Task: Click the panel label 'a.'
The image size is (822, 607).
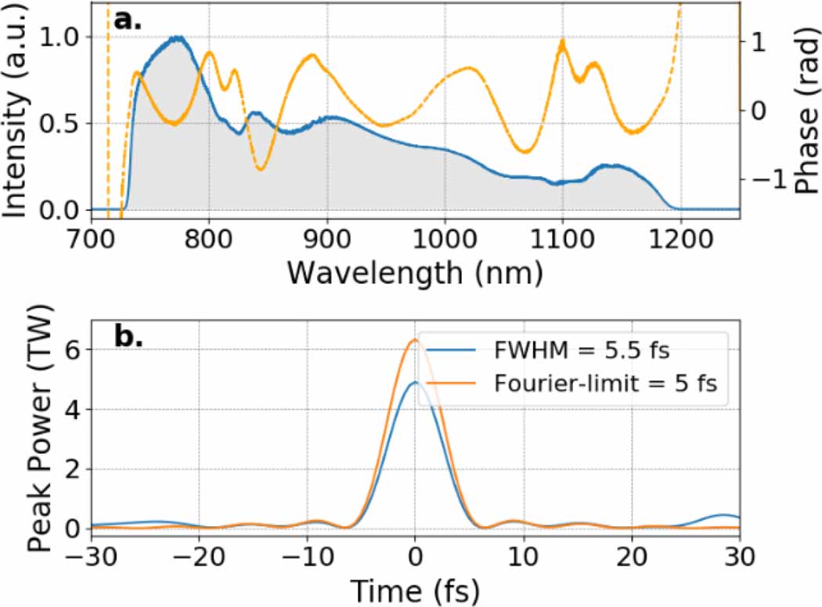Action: pyautogui.click(x=128, y=20)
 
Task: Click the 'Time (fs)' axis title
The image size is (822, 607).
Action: pyautogui.click(x=415, y=589)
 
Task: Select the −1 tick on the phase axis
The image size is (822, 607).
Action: pyautogui.click(x=764, y=180)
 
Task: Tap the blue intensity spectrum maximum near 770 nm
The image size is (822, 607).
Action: pyautogui.click(x=178, y=37)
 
